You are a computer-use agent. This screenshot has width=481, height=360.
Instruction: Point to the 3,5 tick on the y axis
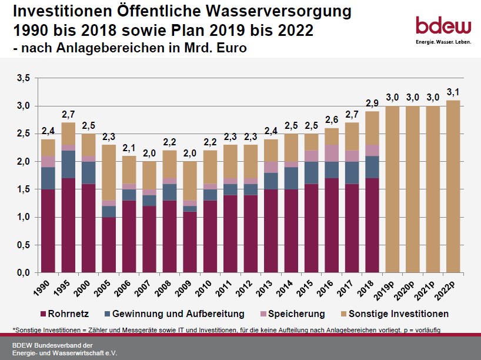pos(23,78)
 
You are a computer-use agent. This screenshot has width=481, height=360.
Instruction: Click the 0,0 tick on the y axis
pos(23,273)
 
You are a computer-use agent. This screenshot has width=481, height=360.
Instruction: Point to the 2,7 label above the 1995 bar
pos(69,114)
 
